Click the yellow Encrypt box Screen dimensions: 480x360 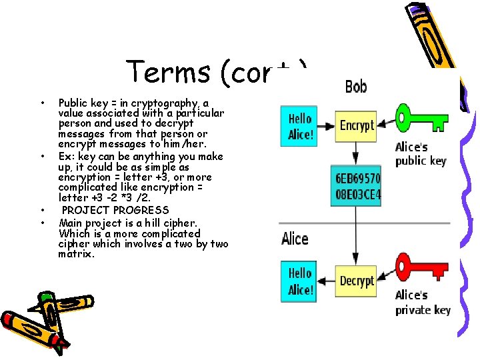357,125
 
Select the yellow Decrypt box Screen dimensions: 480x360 357,281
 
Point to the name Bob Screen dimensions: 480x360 356,87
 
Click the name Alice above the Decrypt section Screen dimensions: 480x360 295,238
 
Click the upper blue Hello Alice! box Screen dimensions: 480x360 300,126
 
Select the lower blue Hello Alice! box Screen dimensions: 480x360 300,281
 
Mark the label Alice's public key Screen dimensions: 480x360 420,154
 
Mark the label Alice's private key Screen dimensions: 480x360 423,303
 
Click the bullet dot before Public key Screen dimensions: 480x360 42,103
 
